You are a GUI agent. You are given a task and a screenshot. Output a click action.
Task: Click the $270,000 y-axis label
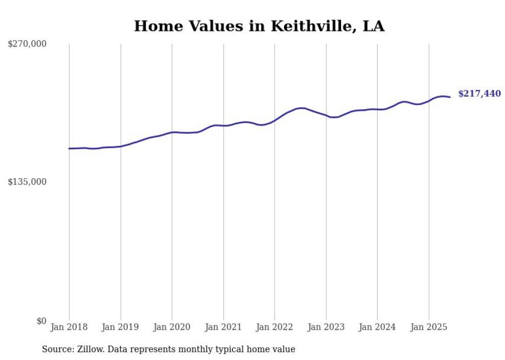27,44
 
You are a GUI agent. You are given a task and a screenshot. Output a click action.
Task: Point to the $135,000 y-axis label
27,182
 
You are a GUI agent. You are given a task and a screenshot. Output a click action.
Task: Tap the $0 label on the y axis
41,321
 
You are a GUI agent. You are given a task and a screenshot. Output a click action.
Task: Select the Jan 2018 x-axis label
69,327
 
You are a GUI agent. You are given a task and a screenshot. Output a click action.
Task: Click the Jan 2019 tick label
121,327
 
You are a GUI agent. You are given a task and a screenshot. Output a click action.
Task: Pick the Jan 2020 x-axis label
172,327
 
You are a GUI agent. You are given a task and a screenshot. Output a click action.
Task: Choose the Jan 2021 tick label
223,327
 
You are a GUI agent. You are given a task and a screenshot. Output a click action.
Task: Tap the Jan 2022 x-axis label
275,327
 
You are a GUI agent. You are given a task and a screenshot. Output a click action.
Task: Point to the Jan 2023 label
326,327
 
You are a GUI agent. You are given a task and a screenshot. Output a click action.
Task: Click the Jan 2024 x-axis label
377,327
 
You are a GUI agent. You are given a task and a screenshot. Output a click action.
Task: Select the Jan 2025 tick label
429,327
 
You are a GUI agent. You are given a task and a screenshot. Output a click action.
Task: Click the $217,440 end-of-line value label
479,94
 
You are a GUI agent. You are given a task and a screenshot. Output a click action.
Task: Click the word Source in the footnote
57,349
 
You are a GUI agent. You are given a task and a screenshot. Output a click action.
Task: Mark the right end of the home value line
450,97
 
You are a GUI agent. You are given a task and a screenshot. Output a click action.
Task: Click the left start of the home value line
69,148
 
